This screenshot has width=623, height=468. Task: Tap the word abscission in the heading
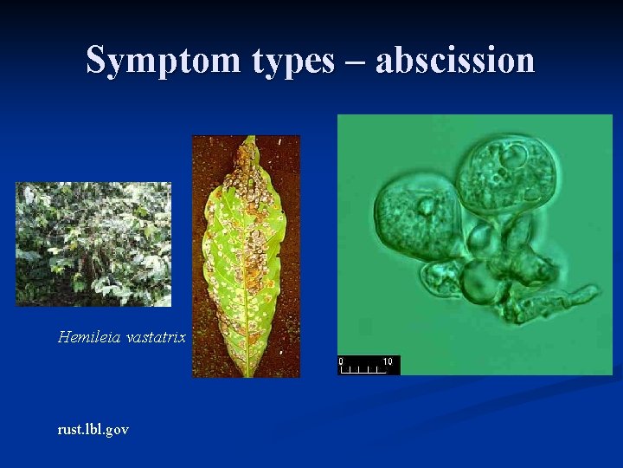[455, 60]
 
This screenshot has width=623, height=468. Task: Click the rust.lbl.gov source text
[93, 429]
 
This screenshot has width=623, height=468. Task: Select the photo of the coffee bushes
[93, 244]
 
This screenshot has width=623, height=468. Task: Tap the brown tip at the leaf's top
[250, 145]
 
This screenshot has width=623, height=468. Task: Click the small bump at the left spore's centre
[426, 207]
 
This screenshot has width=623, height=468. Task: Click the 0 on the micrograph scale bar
[341, 361]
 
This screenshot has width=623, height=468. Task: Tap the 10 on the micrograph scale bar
[387, 361]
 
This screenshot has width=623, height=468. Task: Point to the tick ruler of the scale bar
[363, 369]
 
